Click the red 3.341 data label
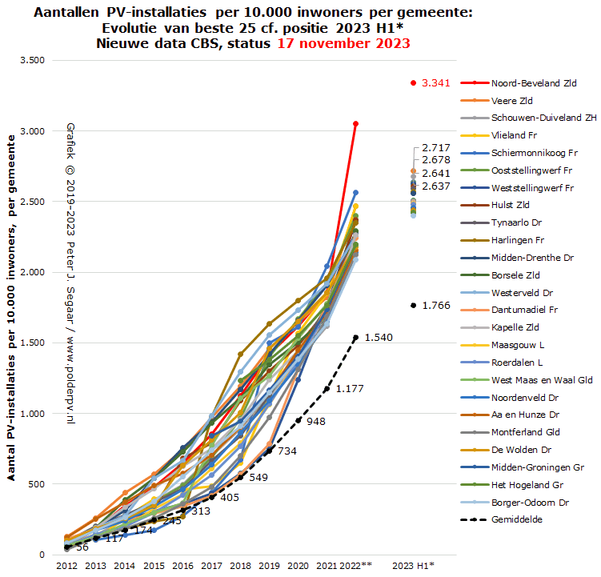coord(438,82)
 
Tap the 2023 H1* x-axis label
coord(413,566)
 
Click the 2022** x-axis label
coord(355,566)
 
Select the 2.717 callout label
coord(435,148)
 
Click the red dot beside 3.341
coord(413,82)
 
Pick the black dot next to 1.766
coord(413,305)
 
